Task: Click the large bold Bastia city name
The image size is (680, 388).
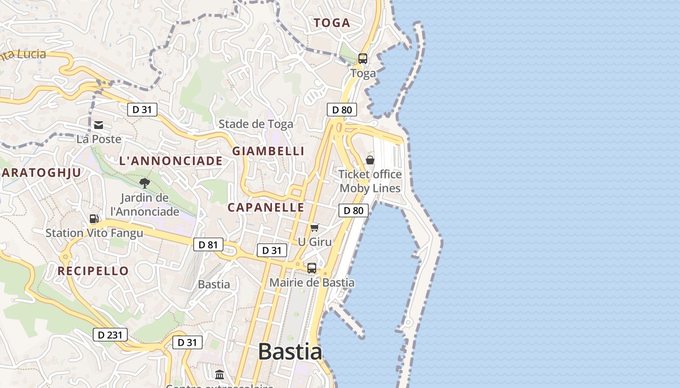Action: pyautogui.click(x=289, y=351)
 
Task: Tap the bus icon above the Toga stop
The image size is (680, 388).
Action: pyautogui.click(x=363, y=59)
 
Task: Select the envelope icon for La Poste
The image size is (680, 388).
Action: pyautogui.click(x=99, y=125)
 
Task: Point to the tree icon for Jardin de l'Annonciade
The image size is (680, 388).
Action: pyautogui.click(x=144, y=183)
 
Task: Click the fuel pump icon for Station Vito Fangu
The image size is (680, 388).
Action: pyautogui.click(x=94, y=219)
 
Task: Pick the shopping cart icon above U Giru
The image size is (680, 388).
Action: pyautogui.click(x=315, y=227)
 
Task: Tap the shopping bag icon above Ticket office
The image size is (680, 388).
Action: pyautogui.click(x=370, y=160)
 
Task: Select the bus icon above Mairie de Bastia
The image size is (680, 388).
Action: pyautogui.click(x=312, y=268)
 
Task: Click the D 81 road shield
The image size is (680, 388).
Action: pyautogui.click(x=208, y=244)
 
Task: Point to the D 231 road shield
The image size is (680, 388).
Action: pyautogui.click(x=110, y=335)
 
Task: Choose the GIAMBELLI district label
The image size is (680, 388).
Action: pyautogui.click(x=268, y=151)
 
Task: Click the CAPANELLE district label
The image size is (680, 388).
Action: pyautogui.click(x=266, y=208)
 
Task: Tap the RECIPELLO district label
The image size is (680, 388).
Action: pyautogui.click(x=93, y=271)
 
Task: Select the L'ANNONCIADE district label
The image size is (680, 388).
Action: pyautogui.click(x=170, y=161)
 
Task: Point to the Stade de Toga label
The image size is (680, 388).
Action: pyautogui.click(x=256, y=124)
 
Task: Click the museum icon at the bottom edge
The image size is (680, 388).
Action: pyautogui.click(x=220, y=374)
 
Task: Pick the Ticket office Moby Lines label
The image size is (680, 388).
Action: pyautogui.click(x=370, y=181)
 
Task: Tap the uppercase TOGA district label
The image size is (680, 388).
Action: pyautogui.click(x=332, y=23)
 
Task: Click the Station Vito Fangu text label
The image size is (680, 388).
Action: pyautogui.click(x=94, y=233)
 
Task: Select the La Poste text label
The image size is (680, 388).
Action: pyautogui.click(x=99, y=139)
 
